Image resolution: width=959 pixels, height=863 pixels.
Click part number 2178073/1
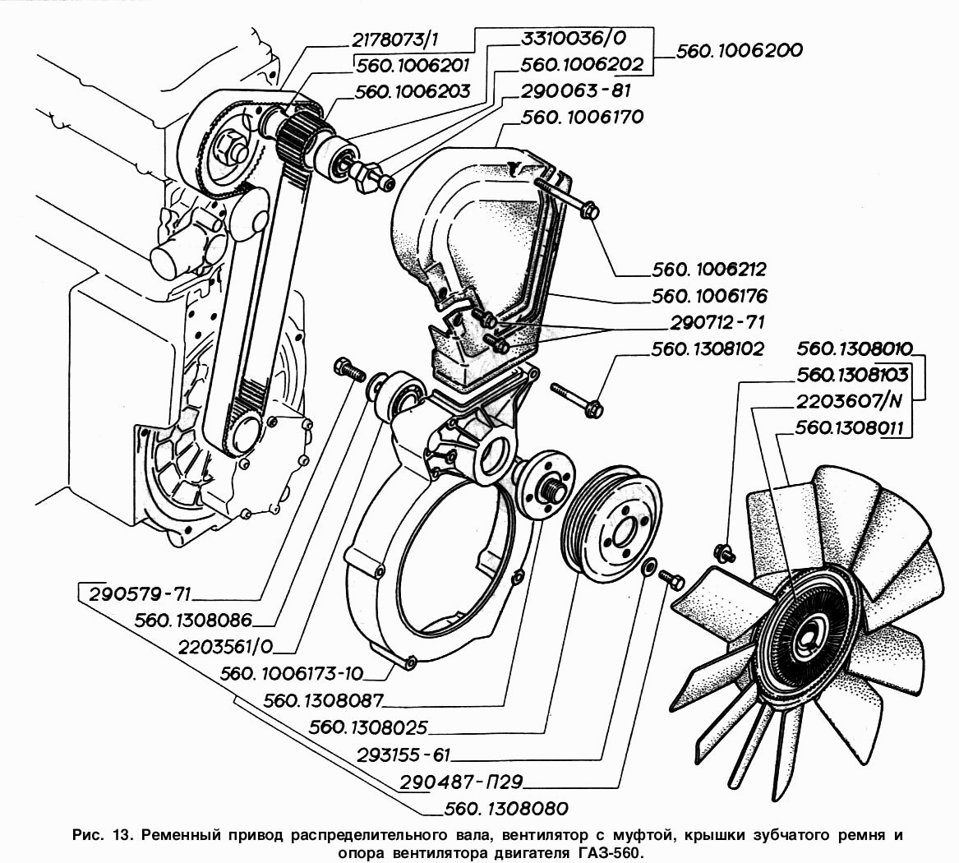(x=395, y=40)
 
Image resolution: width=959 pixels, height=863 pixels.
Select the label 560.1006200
(x=739, y=51)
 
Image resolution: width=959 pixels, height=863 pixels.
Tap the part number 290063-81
(x=575, y=91)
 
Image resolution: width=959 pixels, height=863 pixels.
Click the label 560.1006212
(x=709, y=270)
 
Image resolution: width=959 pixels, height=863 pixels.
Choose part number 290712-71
(x=717, y=322)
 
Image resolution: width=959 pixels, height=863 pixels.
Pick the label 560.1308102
(x=708, y=349)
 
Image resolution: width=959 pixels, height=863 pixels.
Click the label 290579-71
(x=141, y=594)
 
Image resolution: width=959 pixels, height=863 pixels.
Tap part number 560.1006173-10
(x=292, y=674)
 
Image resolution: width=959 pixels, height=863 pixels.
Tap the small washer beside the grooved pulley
(x=649, y=565)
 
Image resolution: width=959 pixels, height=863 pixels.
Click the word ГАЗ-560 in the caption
(x=609, y=852)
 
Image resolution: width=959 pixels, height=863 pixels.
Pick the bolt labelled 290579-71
(x=348, y=369)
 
